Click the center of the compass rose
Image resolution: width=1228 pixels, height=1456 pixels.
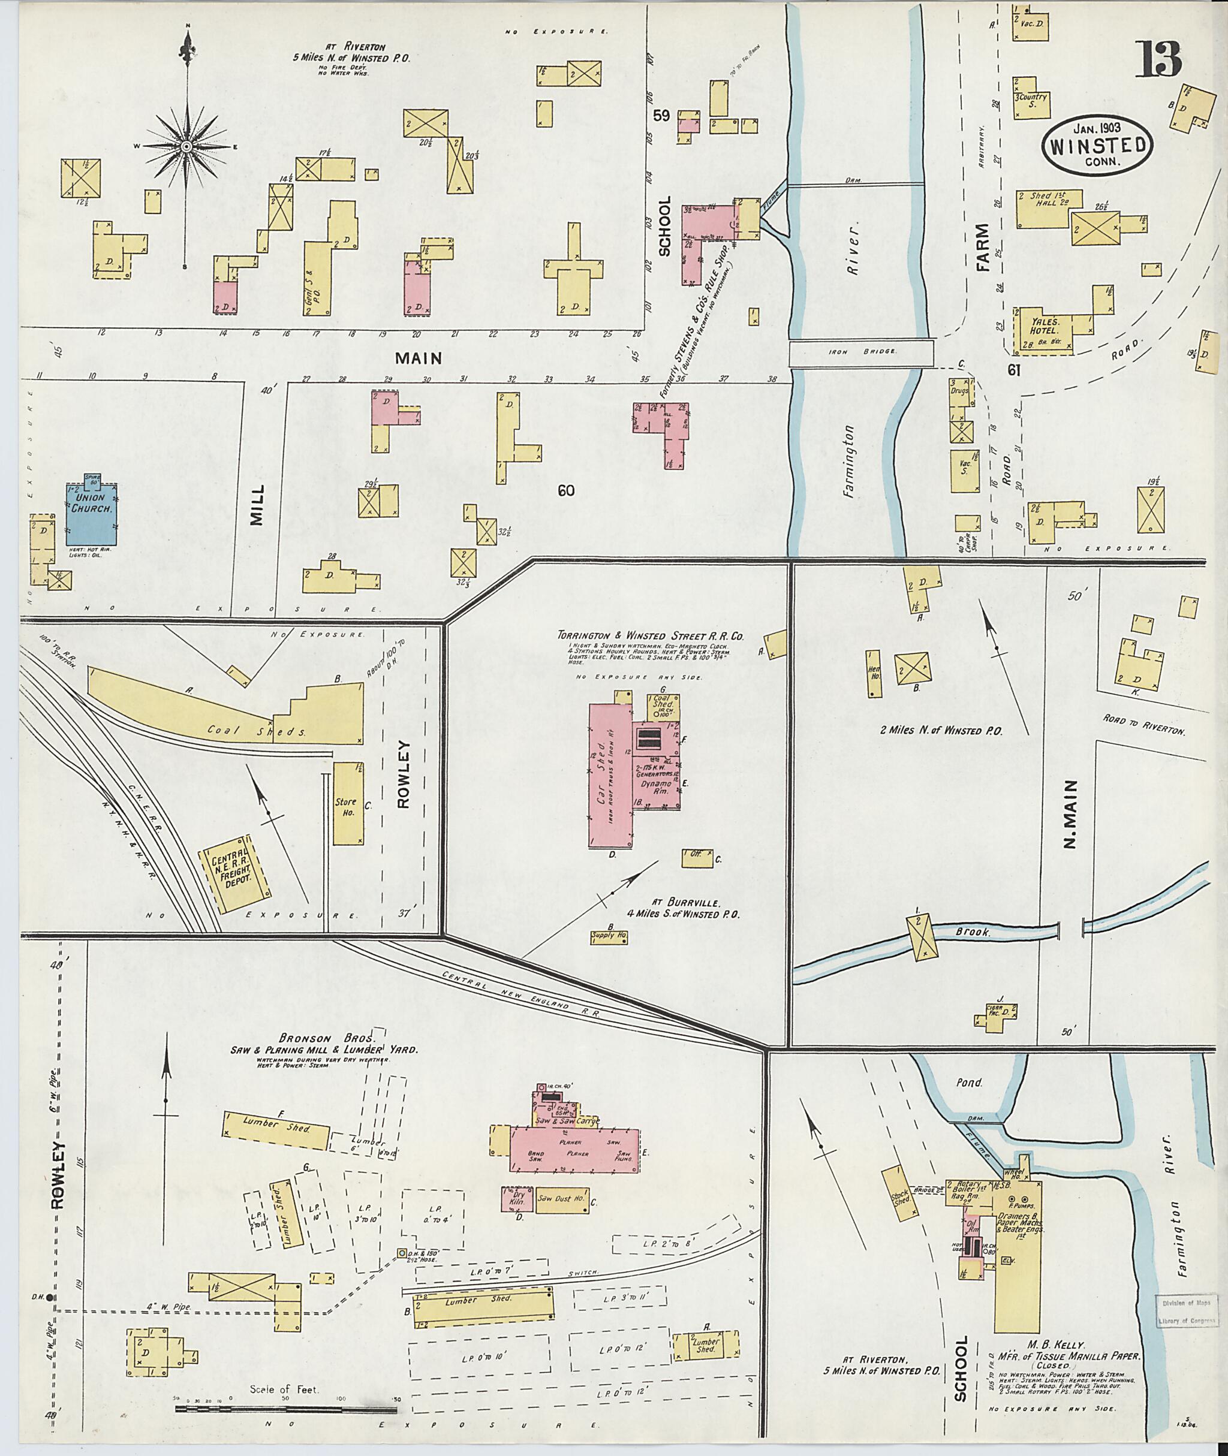(186, 147)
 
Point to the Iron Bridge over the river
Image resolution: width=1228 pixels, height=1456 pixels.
(861, 353)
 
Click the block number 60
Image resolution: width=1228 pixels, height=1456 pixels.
(566, 491)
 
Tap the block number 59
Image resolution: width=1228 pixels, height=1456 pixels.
(661, 116)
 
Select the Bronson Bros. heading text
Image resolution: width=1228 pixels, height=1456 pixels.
(324, 1036)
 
